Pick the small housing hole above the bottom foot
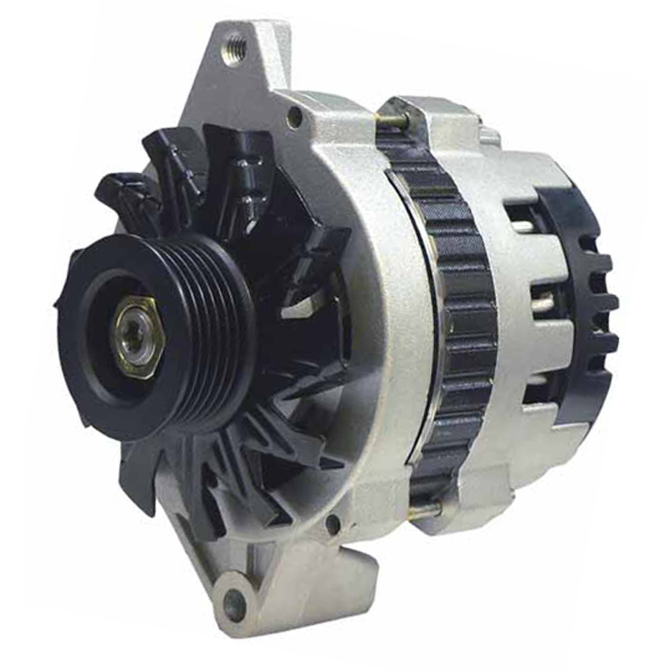331,522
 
